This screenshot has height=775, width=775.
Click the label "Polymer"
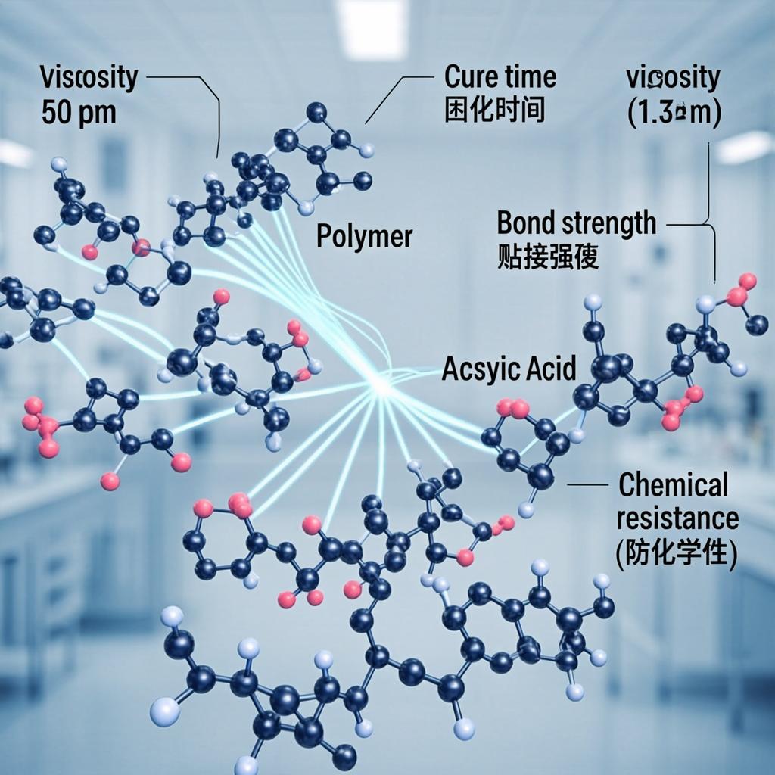364,237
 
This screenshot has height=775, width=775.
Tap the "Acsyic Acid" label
509,369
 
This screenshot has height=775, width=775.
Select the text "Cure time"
500,77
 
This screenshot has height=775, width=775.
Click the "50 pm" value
79,112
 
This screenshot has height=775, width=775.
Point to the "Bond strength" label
577,223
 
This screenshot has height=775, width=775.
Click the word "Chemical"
674,485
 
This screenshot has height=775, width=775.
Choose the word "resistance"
677,518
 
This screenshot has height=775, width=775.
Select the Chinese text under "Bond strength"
548,257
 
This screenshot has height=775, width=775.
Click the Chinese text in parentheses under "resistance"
677,553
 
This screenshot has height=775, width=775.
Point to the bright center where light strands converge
381,384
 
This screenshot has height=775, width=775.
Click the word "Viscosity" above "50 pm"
89,78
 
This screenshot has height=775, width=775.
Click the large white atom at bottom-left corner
164,711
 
